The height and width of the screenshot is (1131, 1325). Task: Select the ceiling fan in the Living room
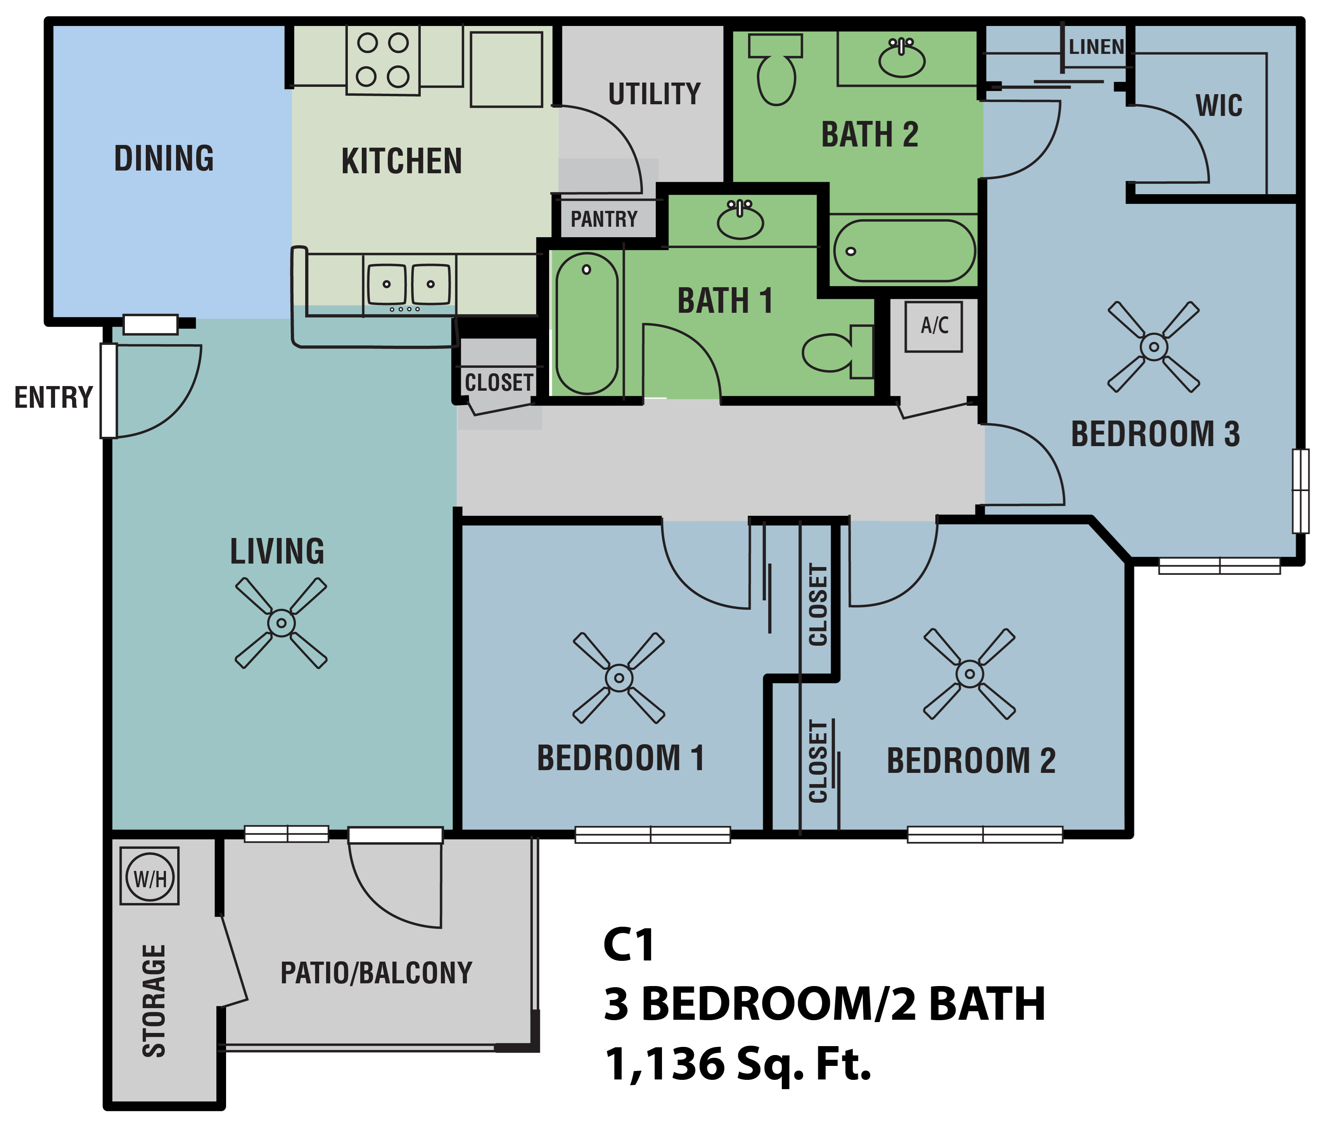tap(282, 623)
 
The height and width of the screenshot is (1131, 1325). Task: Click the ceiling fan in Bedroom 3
tap(1154, 347)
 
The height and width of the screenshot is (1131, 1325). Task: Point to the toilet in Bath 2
tap(776, 70)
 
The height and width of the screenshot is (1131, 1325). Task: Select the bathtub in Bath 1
tap(586, 324)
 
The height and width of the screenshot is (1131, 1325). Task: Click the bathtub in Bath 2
tap(904, 251)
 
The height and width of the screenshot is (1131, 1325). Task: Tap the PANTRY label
tap(604, 219)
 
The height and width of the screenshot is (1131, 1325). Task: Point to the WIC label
tap(1219, 105)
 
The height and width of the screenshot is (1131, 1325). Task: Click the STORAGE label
tap(154, 1000)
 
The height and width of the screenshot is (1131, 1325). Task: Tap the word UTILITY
tap(654, 94)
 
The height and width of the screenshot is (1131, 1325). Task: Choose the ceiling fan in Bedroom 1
tap(618, 678)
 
